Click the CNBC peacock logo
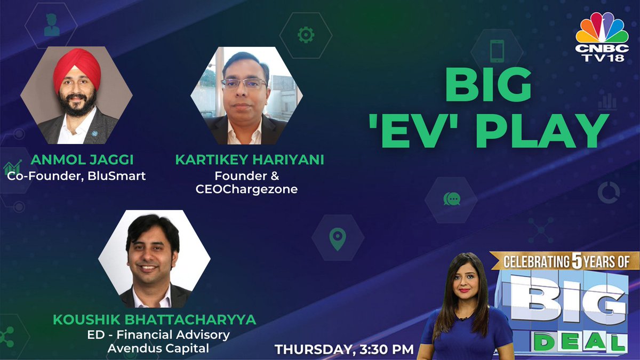click(602, 29)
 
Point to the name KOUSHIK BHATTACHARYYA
click(155, 320)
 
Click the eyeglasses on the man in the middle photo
click(244, 84)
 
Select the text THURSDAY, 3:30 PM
click(344, 349)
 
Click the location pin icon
click(337, 239)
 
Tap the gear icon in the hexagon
click(306, 35)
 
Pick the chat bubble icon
click(451, 199)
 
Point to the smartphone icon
click(497, 52)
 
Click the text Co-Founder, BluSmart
click(77, 175)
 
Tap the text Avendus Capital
click(158, 348)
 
